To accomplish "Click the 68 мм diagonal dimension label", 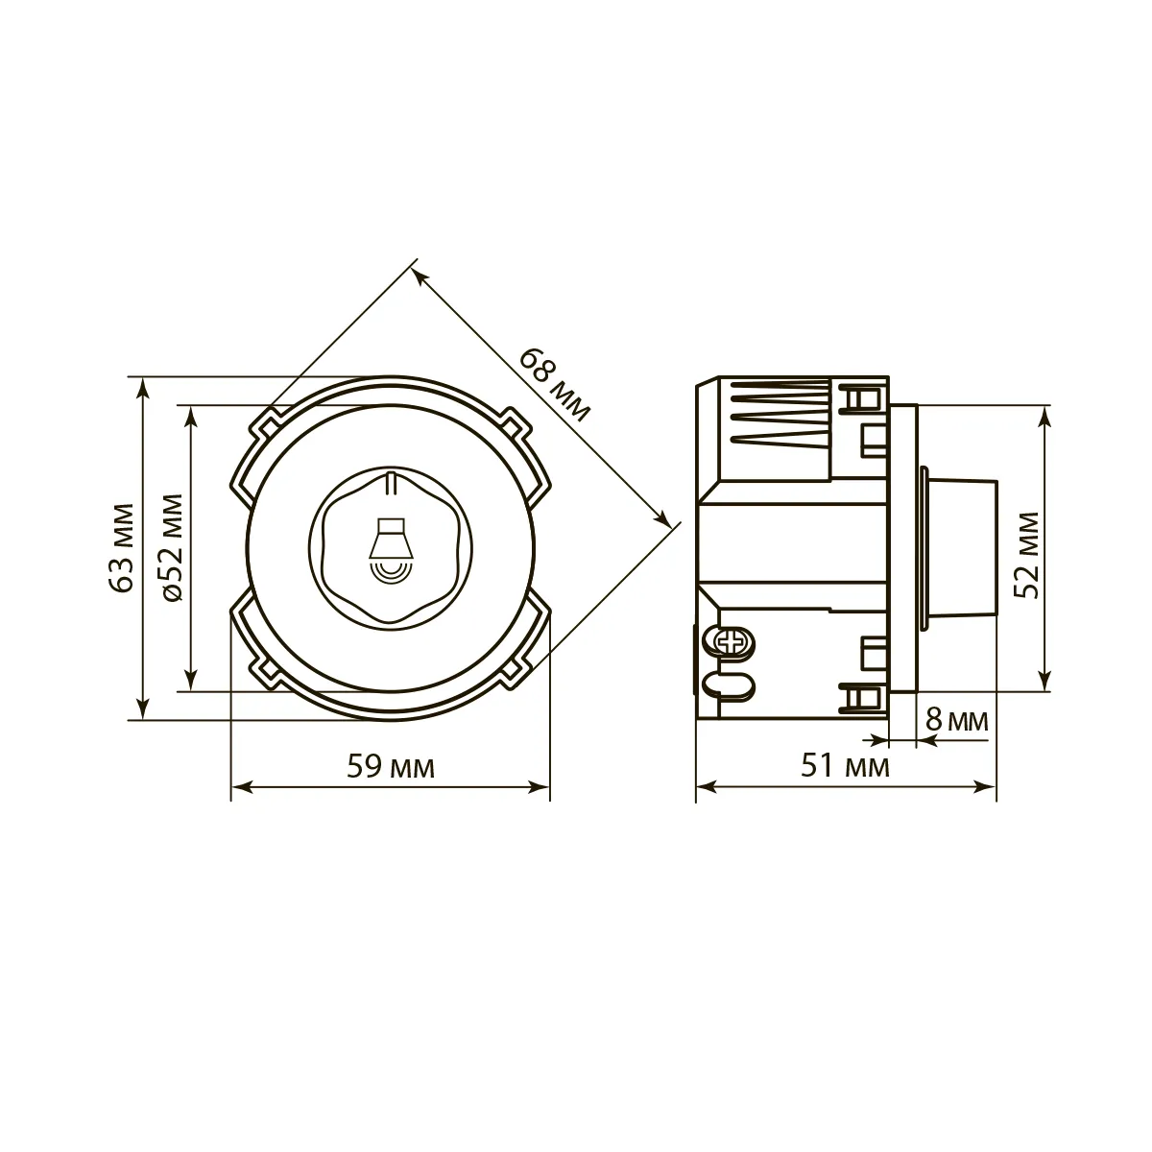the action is [554, 385].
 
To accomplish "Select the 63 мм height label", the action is [123, 547].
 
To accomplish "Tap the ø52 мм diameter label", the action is [172, 547].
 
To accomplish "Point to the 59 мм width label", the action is [391, 767].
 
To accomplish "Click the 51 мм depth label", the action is [845, 766].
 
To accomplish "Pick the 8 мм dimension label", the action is [956, 720].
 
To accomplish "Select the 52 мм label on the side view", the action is [1027, 556].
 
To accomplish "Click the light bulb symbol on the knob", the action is [390, 548].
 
